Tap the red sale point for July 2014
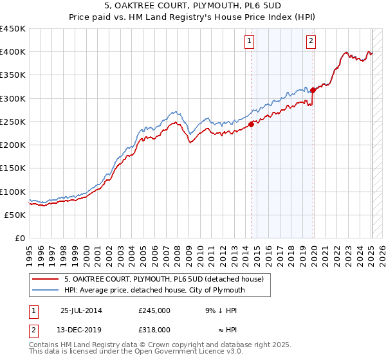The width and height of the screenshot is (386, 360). [252, 125]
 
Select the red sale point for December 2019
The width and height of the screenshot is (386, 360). [313, 91]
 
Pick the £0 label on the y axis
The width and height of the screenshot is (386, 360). [19, 238]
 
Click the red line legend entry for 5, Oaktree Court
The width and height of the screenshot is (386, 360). [164, 279]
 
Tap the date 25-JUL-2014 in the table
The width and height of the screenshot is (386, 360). [82, 310]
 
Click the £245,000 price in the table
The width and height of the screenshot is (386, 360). [154, 310]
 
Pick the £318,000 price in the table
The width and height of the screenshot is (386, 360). [154, 330]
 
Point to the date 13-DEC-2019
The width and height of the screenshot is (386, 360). [82, 330]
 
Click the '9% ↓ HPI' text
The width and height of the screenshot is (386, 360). [217, 310]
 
